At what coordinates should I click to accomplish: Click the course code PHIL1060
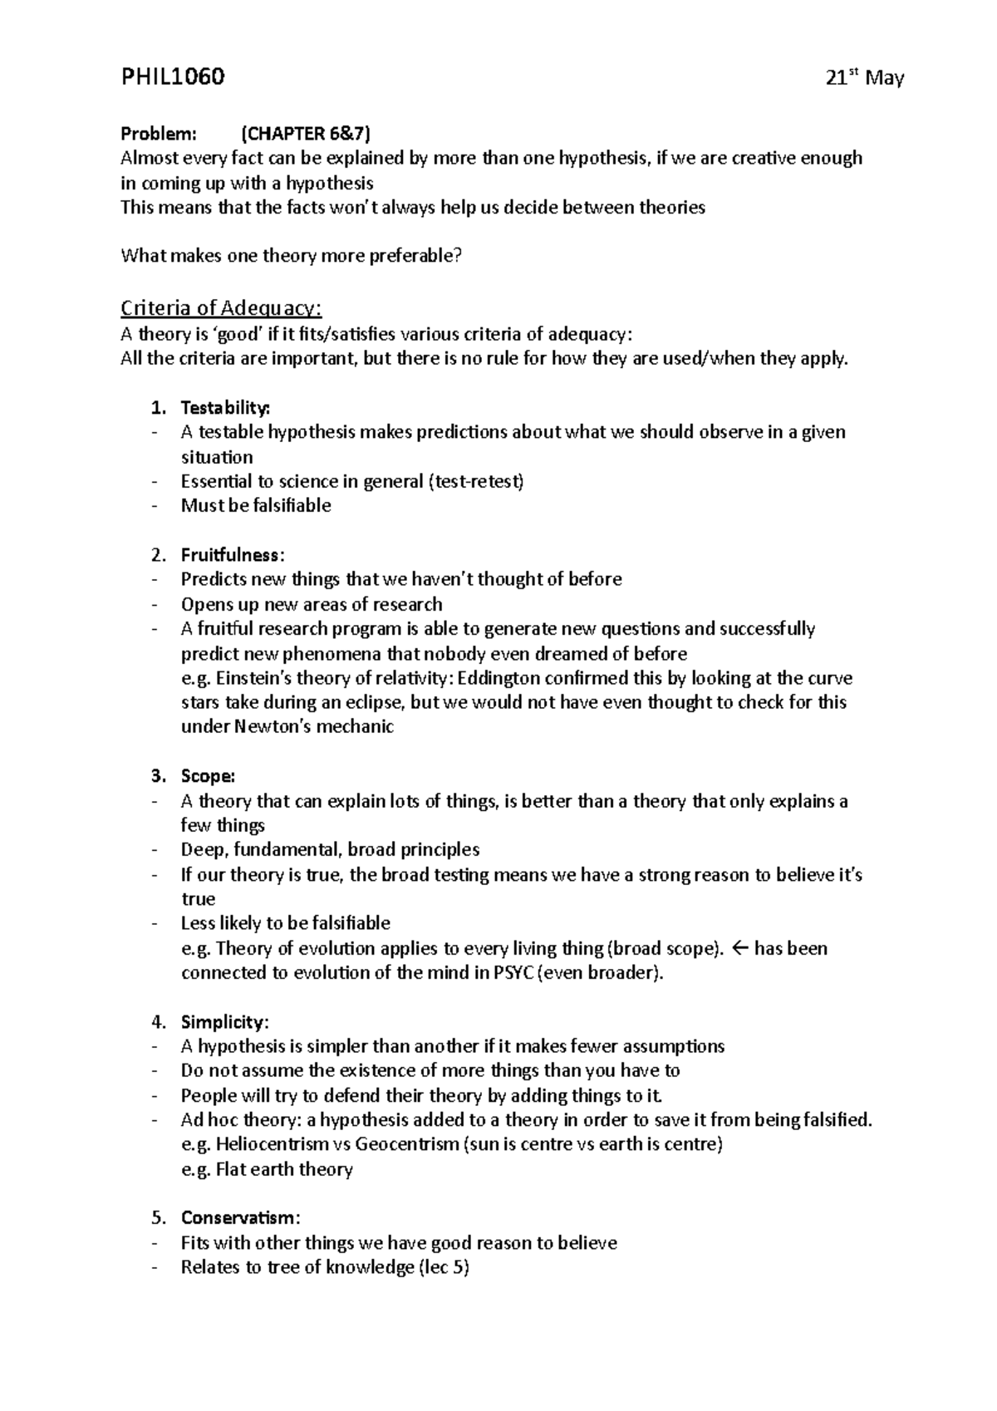173,78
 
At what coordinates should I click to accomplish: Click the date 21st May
865,79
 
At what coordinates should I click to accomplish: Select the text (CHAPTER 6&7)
306,134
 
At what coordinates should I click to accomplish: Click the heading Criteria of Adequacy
221,308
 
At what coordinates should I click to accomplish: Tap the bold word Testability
225,408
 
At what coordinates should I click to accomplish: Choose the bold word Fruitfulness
232,555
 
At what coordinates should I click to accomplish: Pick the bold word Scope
208,776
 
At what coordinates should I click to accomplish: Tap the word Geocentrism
407,1144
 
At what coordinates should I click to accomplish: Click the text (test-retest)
475,482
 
